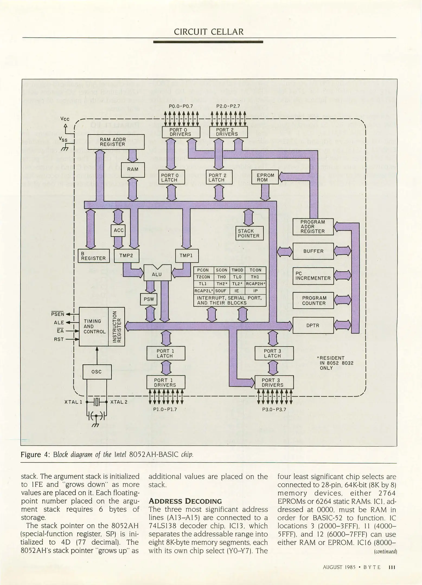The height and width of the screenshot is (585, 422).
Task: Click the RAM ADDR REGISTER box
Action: (113, 142)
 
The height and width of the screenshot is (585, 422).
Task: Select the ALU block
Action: (157, 274)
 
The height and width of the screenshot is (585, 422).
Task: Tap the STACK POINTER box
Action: (249, 233)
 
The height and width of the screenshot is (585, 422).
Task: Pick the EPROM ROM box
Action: (265, 177)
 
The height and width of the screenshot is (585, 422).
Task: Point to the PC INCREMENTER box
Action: (313, 276)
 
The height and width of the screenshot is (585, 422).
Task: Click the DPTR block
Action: (313, 325)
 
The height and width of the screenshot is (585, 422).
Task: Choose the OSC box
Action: (97, 372)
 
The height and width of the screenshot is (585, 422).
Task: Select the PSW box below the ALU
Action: (149, 299)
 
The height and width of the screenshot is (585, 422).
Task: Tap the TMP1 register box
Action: (187, 256)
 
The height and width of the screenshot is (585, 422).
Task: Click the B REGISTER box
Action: (93, 256)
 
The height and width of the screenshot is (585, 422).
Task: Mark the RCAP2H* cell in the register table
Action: (255, 284)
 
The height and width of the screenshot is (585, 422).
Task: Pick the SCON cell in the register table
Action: (222, 270)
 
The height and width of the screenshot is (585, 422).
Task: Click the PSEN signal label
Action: (58, 314)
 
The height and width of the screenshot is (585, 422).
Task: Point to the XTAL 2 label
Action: (119, 402)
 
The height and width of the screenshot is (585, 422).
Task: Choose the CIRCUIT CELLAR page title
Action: (209, 32)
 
